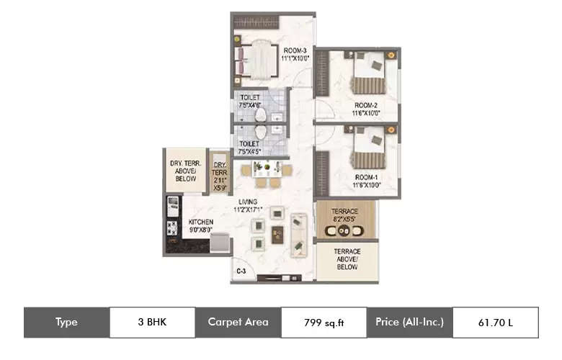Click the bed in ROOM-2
373,75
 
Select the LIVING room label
248,205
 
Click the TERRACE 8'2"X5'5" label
344,213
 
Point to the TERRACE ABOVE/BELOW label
347,258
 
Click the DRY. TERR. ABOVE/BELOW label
185,171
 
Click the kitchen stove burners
173,228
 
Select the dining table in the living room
267,170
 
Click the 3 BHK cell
152,323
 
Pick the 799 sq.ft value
324,323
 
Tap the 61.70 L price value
495,323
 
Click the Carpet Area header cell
238,323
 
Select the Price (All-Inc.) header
409,323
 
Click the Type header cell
66,323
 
